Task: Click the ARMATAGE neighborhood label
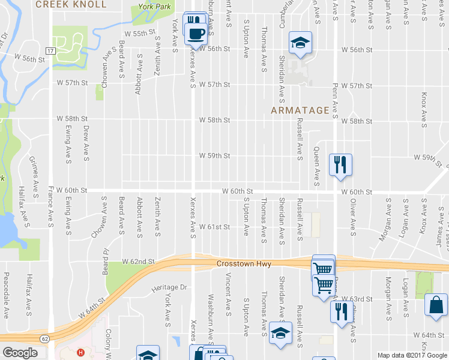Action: pos(300,110)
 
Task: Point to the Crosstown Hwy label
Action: pos(244,264)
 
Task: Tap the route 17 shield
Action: pos(52,51)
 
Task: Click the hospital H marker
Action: pos(80,352)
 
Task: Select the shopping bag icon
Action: pos(436,305)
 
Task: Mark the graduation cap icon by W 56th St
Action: pos(300,42)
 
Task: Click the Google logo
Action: pos(20,353)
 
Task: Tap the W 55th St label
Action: pos(140,34)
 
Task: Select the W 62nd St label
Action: pos(139,262)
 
